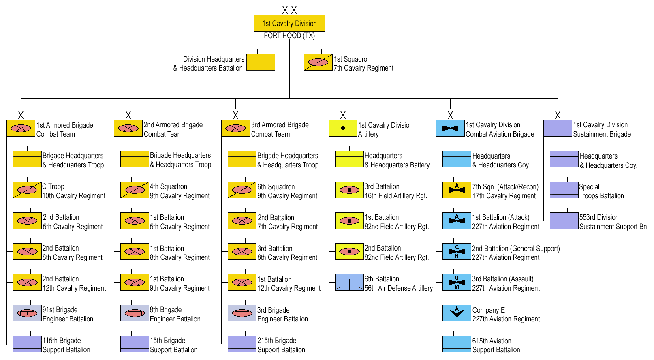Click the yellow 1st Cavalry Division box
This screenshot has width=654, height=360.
point(289,24)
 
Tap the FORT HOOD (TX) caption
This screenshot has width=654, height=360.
point(289,36)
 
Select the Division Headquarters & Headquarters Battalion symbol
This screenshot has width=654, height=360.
point(261,62)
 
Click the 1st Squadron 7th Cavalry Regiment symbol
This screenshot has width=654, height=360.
point(318,62)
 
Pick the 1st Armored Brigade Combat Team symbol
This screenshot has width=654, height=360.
point(21,128)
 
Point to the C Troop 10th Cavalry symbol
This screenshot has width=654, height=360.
point(27,190)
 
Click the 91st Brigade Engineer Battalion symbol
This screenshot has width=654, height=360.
point(27,313)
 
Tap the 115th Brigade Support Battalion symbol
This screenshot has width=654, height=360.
point(27,344)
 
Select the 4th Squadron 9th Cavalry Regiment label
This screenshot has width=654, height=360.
point(180,191)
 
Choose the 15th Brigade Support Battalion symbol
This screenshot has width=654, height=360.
point(135,344)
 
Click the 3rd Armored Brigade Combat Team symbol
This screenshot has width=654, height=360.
point(235,128)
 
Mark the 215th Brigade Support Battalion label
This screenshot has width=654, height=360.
point(281,345)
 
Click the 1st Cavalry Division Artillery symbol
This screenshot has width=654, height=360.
point(343,128)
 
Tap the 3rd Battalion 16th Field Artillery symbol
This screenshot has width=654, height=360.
point(349,190)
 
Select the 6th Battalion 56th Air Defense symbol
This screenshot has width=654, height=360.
point(349,283)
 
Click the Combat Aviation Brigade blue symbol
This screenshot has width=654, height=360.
point(450,128)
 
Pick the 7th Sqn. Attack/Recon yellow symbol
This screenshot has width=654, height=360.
point(457,190)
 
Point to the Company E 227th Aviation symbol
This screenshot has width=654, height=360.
point(457,313)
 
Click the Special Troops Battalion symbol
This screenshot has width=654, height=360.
point(564,190)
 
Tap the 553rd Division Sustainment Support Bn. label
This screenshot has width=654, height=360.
point(613,222)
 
